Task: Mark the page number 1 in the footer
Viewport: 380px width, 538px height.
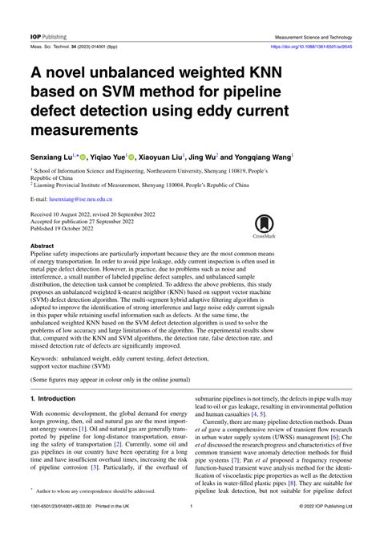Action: coord(190,528)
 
